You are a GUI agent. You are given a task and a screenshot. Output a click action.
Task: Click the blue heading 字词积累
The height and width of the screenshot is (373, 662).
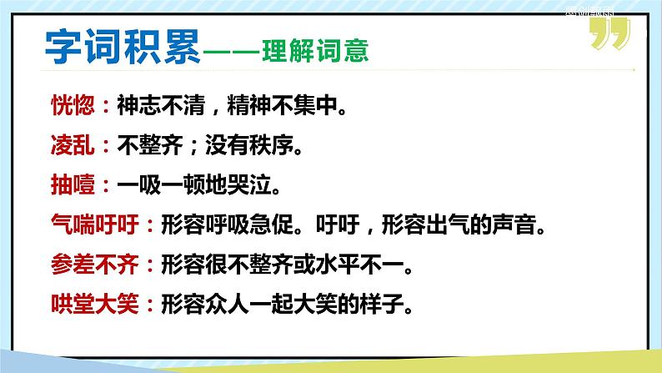(x=123, y=48)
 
